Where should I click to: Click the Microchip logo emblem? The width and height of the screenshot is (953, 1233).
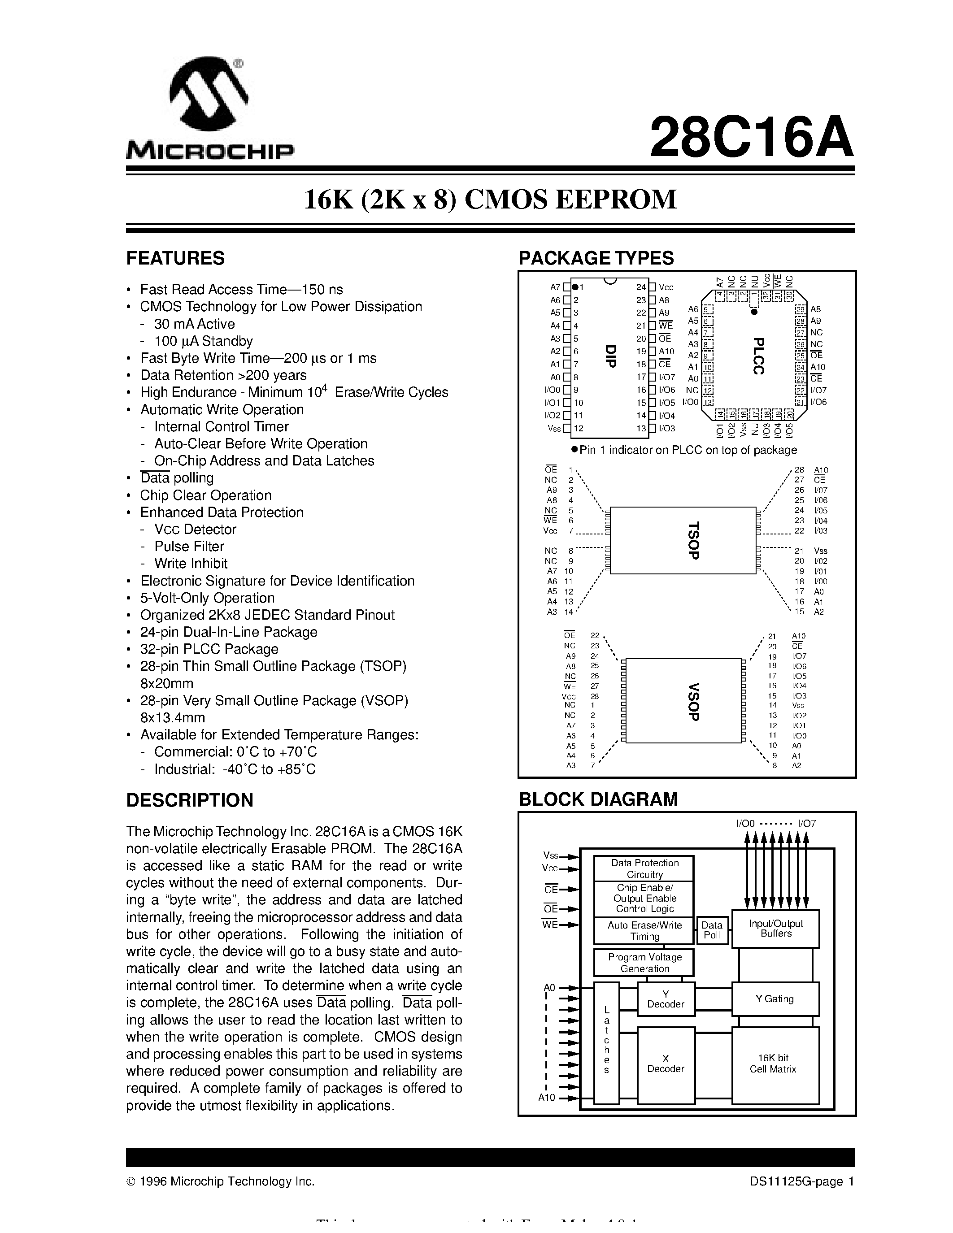[209, 96]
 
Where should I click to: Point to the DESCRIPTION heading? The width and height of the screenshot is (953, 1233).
[190, 800]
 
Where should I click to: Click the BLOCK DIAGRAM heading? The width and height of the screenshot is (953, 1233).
[598, 799]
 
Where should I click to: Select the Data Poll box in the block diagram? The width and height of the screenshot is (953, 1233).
[712, 930]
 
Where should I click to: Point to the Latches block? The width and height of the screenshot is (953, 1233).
[607, 1042]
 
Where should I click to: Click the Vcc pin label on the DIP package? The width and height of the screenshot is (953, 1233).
[666, 287]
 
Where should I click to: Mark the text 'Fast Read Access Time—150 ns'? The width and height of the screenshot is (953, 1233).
[242, 290]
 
